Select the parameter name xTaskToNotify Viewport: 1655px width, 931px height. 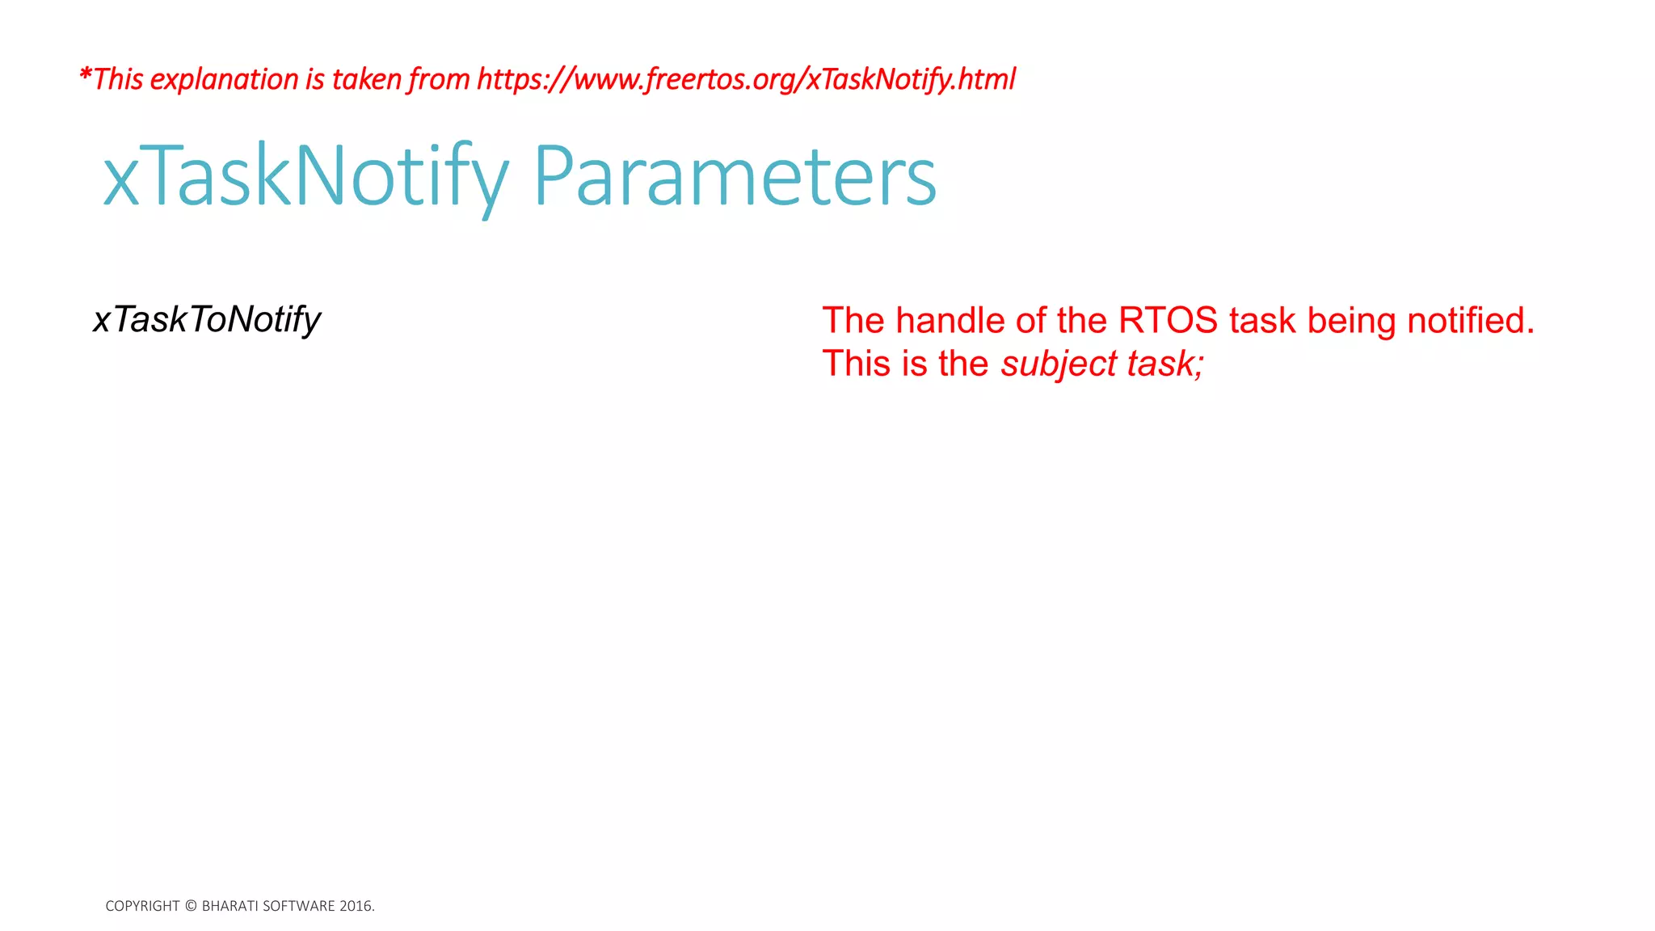(207, 320)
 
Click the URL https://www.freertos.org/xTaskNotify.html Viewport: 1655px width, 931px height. (745, 79)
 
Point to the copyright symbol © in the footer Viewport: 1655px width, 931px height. (191, 906)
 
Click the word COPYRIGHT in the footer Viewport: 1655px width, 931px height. (142, 906)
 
